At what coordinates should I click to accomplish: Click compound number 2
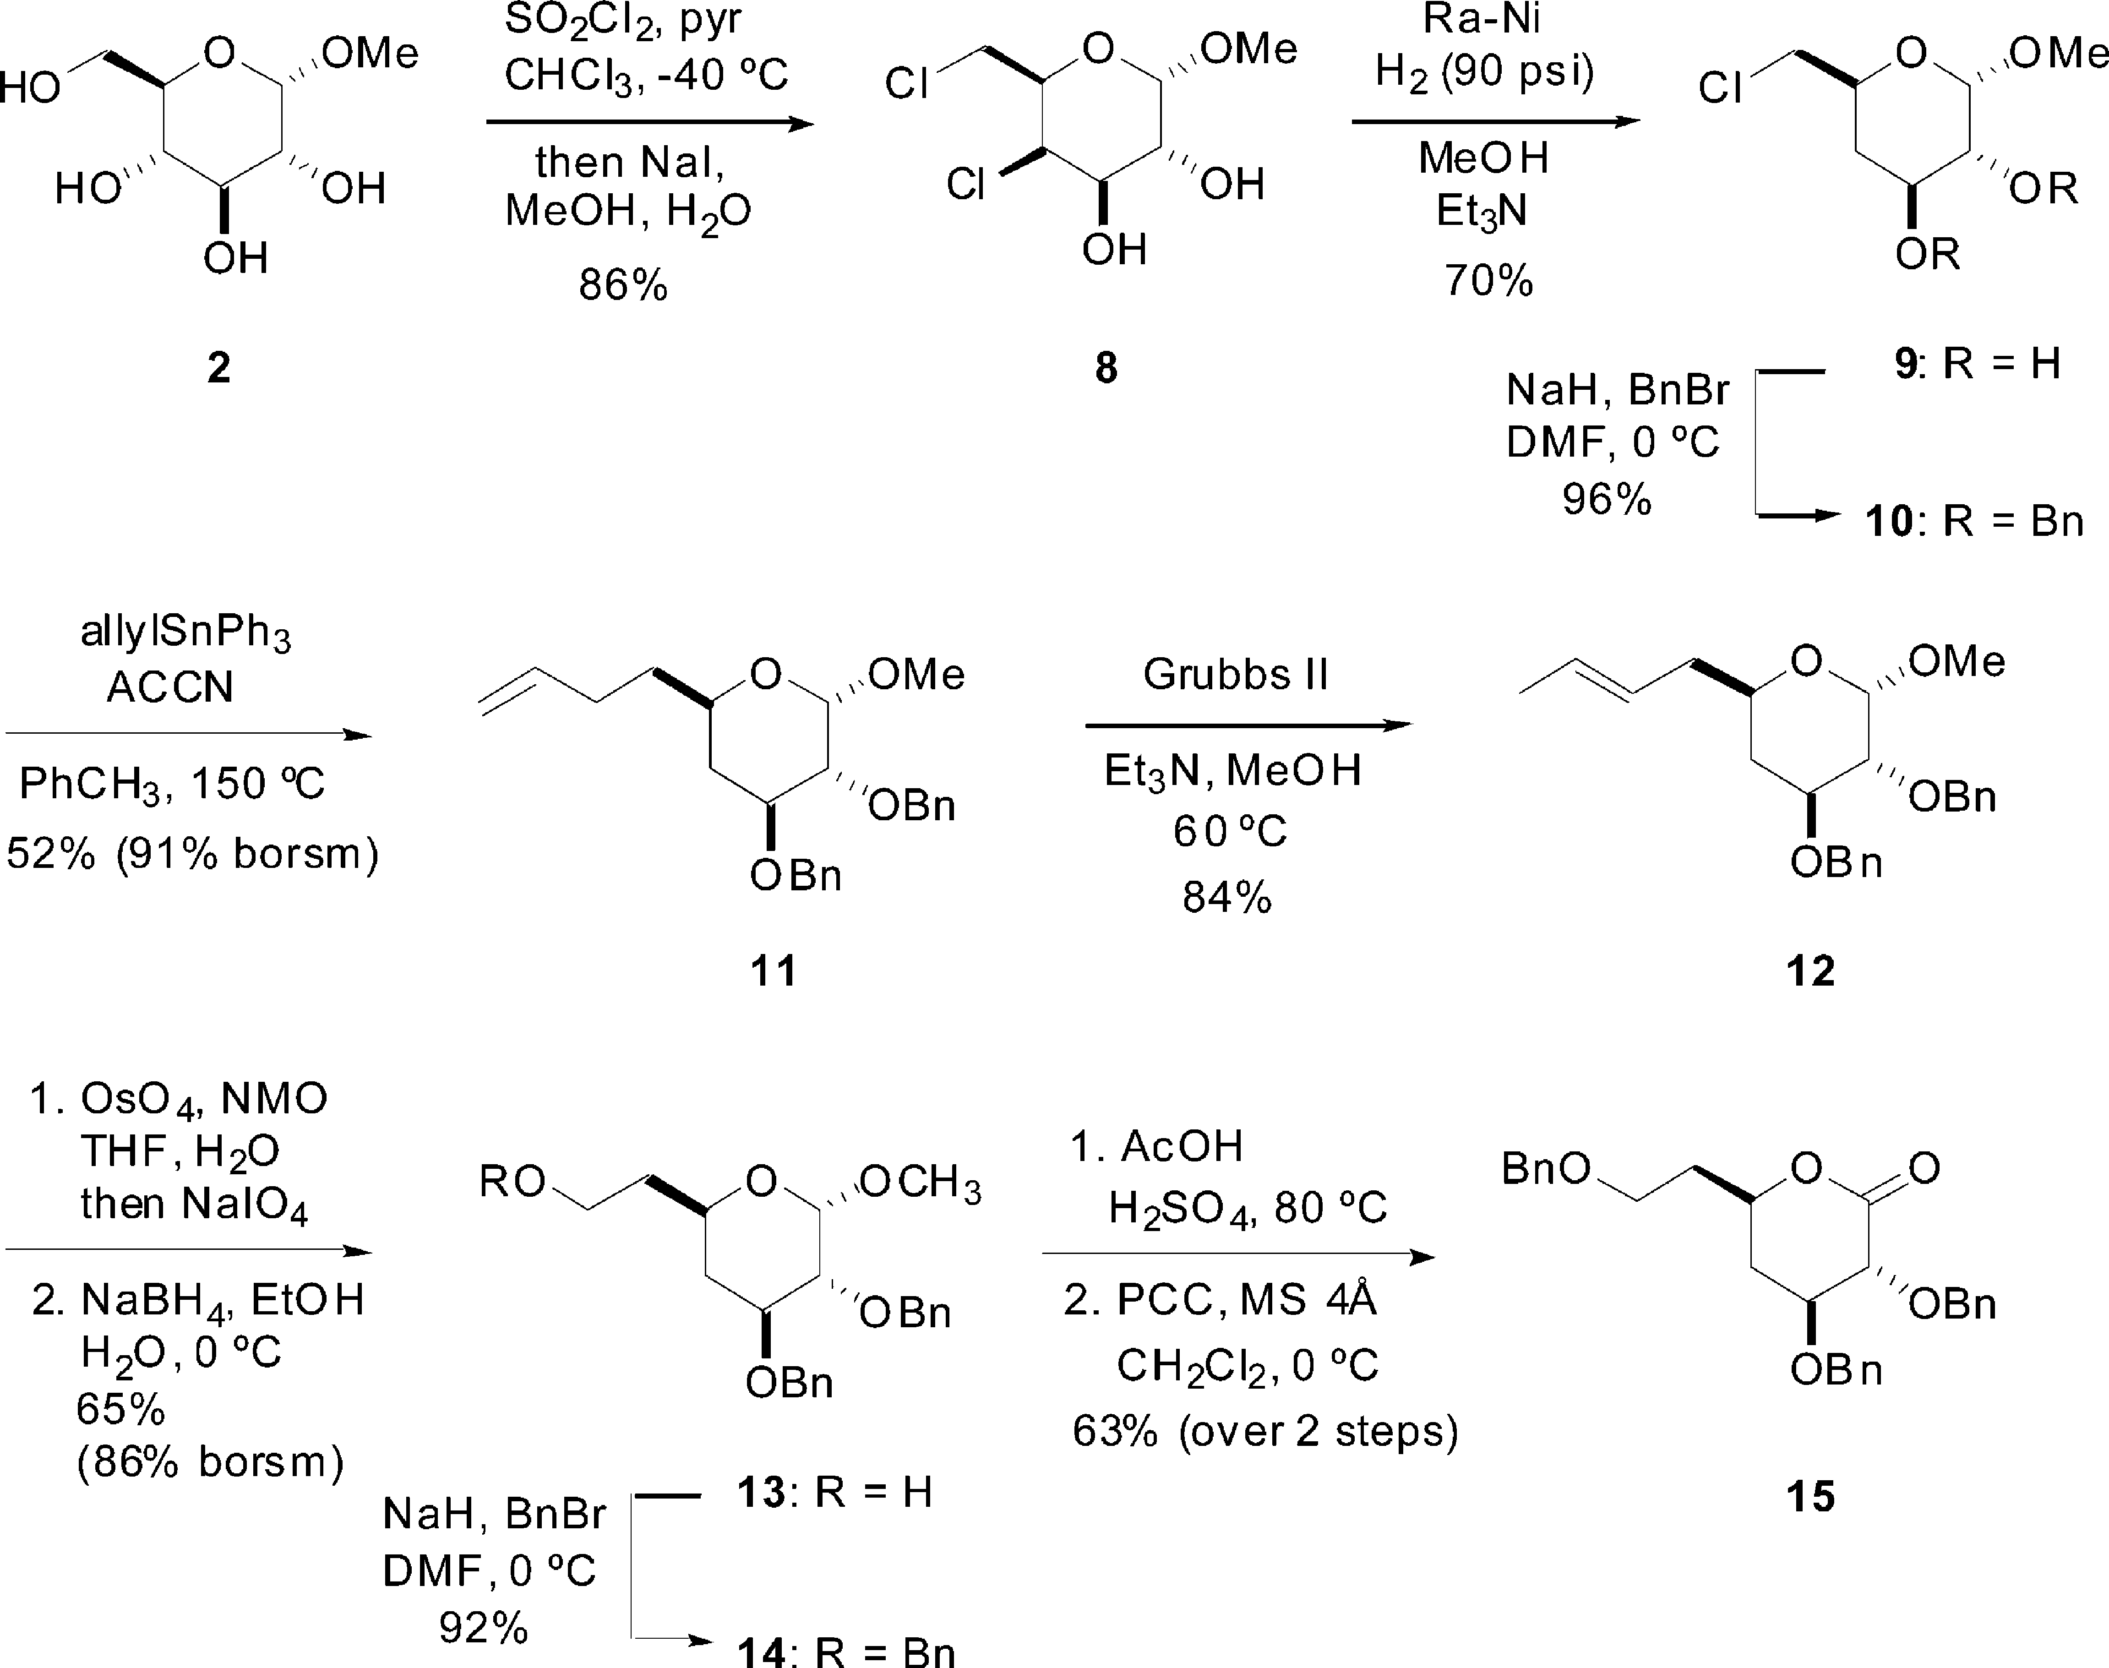pyautogui.click(x=219, y=367)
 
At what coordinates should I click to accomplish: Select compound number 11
pyautogui.click(x=773, y=971)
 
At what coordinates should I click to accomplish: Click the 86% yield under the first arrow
pyautogui.click(x=623, y=285)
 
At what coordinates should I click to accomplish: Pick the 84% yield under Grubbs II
pyautogui.click(x=1227, y=896)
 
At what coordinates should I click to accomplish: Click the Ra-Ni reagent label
pyautogui.click(x=1482, y=20)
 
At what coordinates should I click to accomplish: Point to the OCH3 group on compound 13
pyautogui.click(x=920, y=1183)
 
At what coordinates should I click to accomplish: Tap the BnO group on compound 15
pyautogui.click(x=1546, y=1168)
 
